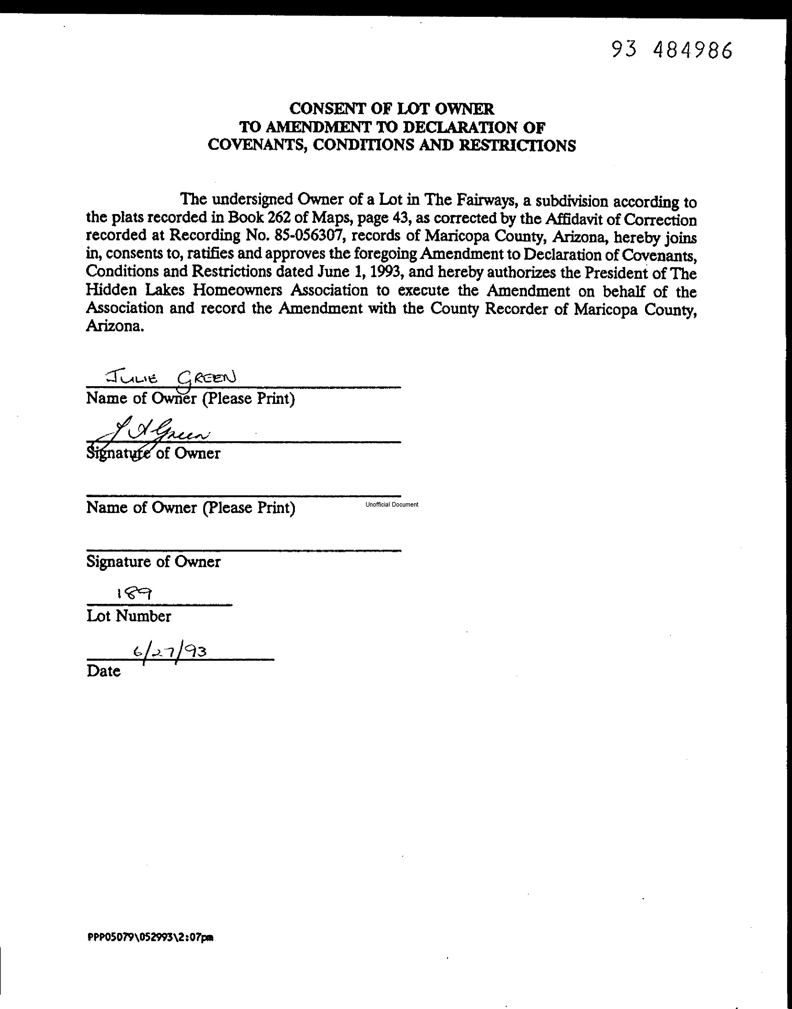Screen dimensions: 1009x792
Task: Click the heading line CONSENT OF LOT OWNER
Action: (x=391, y=109)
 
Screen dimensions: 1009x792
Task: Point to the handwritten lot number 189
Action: (x=134, y=594)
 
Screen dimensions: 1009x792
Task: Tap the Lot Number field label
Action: (x=128, y=616)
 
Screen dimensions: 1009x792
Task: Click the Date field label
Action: (x=103, y=671)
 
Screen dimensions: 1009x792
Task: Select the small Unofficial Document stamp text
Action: (x=391, y=505)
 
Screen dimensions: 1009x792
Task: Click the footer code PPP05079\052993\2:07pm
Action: (x=150, y=937)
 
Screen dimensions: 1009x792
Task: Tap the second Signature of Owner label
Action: (x=153, y=562)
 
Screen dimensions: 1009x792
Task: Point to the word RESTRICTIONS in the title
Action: (x=517, y=145)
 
